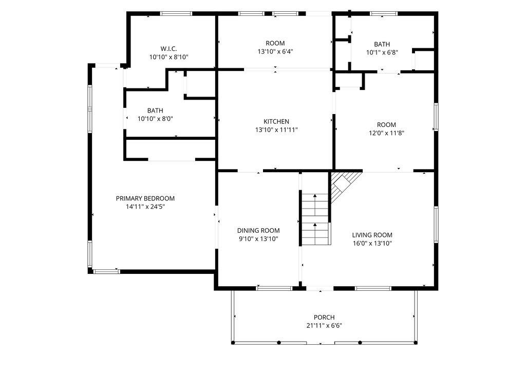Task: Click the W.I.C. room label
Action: [x=169, y=48]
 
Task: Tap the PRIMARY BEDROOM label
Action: [x=145, y=198]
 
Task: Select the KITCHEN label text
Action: [x=276, y=121]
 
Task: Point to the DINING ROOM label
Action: [x=258, y=231]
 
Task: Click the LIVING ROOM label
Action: [x=372, y=235]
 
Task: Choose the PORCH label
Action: [x=324, y=317]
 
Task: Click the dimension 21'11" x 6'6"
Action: [x=324, y=325]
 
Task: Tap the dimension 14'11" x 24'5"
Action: [x=145, y=207]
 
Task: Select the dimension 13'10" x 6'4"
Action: [x=275, y=51]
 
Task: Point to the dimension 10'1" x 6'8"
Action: [x=382, y=52]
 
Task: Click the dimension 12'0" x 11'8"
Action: [x=386, y=133]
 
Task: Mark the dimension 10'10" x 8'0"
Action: [x=155, y=119]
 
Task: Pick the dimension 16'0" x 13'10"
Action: [x=372, y=244]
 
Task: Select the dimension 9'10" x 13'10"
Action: [x=258, y=239]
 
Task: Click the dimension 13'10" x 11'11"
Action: [x=276, y=130]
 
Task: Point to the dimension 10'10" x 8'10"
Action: [x=169, y=57]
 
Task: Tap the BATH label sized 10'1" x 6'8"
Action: [x=382, y=44]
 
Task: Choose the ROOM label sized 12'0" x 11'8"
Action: [x=386, y=125]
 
